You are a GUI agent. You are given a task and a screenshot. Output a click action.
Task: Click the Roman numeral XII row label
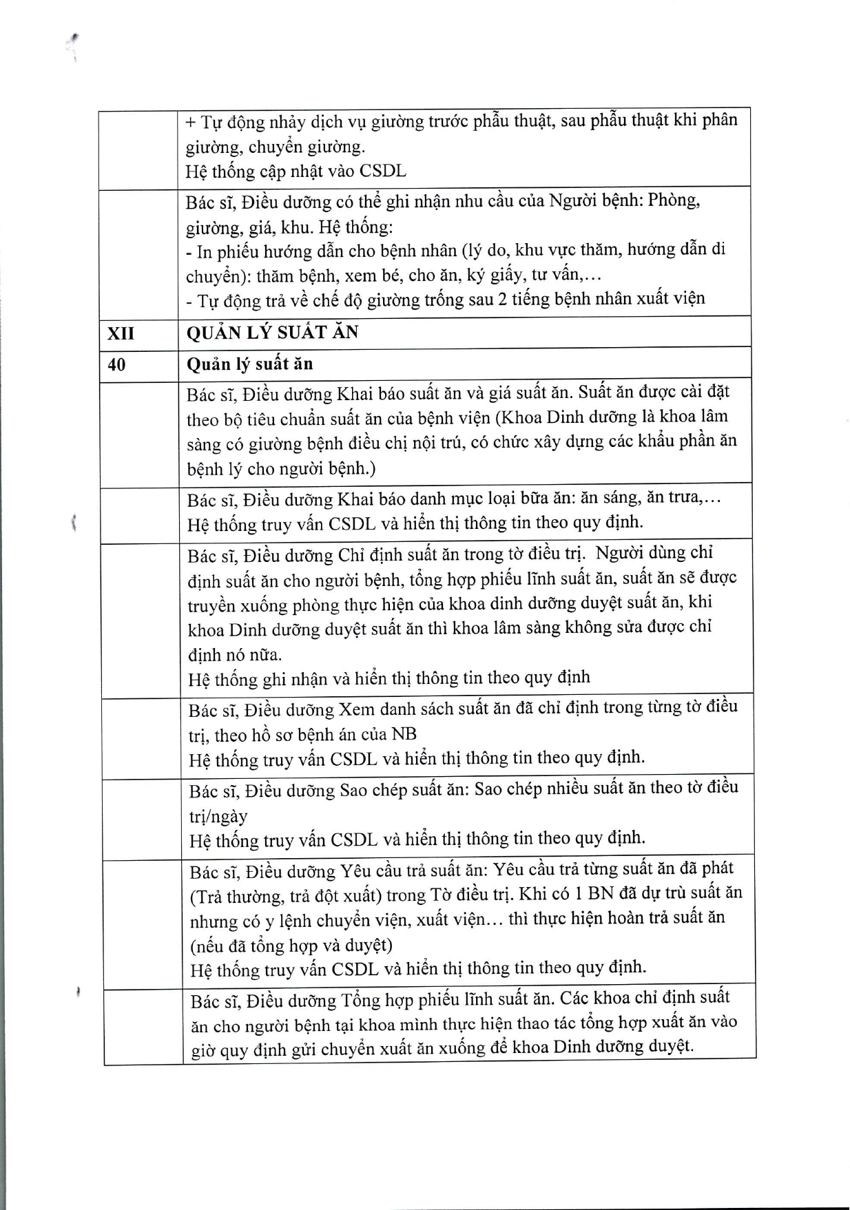121,333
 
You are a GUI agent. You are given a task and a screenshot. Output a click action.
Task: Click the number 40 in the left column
117,364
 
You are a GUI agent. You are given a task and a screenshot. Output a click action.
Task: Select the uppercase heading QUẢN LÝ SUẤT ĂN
272,333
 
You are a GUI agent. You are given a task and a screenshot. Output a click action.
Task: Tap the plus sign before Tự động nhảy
191,123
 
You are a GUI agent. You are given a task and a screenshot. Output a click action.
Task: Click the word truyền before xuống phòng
213,605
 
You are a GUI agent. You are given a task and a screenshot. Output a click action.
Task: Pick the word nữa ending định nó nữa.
265,654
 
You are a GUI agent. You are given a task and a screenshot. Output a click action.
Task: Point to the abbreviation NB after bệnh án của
404,734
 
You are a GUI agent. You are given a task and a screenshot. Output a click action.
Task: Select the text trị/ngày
218,817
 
